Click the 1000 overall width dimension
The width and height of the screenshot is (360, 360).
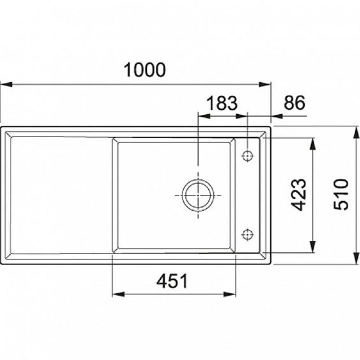[144, 70]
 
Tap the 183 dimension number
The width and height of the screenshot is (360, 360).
[222, 103]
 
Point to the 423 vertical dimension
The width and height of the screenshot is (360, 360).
[299, 195]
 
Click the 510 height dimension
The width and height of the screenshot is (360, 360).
[341, 194]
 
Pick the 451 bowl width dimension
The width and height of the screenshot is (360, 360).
[172, 281]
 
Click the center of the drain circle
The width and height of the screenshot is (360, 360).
[198, 195]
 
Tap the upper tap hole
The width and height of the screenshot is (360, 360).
[247, 156]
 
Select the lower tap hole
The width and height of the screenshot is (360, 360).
[247, 235]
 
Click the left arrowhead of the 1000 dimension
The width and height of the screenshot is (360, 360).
[6, 84]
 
